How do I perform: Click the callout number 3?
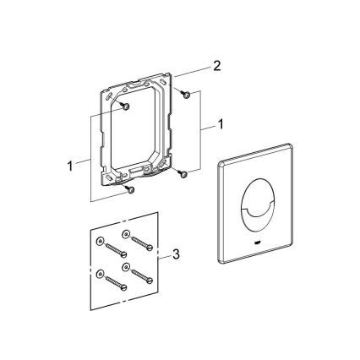click(175, 254)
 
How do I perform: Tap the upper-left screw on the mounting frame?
click(124, 106)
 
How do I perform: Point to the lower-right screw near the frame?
click(181, 173)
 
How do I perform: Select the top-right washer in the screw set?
click(125, 233)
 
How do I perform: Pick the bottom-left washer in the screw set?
click(101, 274)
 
